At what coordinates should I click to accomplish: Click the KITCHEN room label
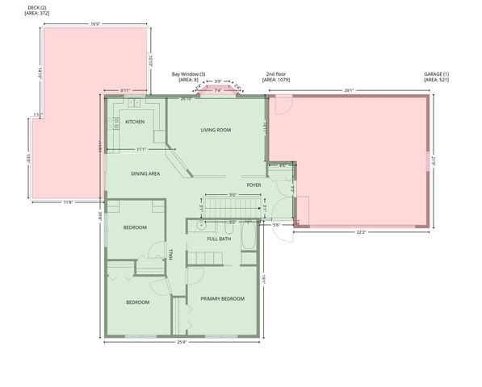click(135, 122)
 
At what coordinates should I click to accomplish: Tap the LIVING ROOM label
click(216, 129)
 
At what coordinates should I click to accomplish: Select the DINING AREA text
click(145, 173)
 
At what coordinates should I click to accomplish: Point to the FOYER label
click(254, 185)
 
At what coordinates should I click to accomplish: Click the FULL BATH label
click(219, 239)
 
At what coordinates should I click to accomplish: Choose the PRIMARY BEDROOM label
click(222, 298)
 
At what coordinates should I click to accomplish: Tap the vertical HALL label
click(170, 253)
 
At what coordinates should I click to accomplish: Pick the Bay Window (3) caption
click(188, 77)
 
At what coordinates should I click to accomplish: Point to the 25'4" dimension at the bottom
click(181, 341)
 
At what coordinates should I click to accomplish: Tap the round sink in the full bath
click(200, 228)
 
